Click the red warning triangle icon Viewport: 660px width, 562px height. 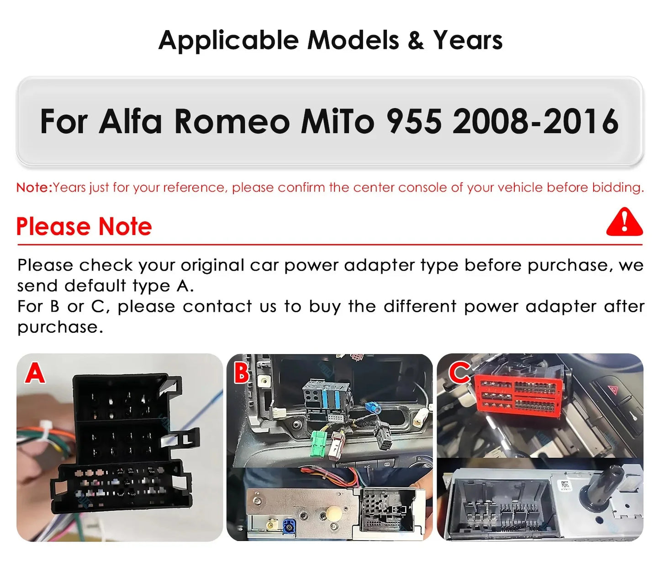point(624,222)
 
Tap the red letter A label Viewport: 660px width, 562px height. point(35,373)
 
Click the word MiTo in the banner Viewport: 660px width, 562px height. point(338,122)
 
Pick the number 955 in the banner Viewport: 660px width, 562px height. point(414,122)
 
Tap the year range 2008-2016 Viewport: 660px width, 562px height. point(535,122)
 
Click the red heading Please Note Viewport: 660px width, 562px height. point(84,226)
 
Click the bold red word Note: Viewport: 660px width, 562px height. point(34,188)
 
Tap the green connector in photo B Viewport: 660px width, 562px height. point(317,445)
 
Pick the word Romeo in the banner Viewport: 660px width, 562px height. point(232,122)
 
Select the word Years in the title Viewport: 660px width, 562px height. point(468,40)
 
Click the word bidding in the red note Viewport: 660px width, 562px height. point(618,188)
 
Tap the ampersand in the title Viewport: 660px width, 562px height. point(416,40)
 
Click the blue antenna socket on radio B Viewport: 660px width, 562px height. point(289,527)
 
